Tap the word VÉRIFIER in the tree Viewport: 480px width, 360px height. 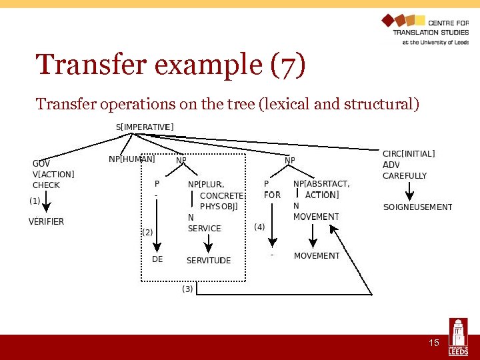tap(46, 221)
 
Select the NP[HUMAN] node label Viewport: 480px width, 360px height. tap(132, 159)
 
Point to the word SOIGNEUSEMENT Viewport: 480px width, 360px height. tap(417, 207)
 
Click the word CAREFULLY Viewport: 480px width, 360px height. tap(405, 176)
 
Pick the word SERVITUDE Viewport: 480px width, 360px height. tap(209, 260)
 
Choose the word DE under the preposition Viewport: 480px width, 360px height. tap(157, 259)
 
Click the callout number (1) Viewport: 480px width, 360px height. tap(35, 201)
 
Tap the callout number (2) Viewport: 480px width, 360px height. tap(147, 232)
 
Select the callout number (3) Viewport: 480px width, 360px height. tap(188, 289)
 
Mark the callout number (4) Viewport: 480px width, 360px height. tap(259, 227)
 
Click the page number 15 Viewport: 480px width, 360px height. tap(433, 343)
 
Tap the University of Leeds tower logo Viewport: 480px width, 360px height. tap(458, 337)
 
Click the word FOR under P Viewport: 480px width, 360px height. tap(272, 195)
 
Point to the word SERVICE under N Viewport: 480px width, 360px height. tap(204, 228)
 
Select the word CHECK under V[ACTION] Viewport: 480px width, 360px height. tap(46, 185)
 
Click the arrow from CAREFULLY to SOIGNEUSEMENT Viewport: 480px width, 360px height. tap(409, 193)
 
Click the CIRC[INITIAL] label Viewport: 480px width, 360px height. tap(409, 154)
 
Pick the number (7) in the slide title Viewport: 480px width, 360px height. tap(288, 65)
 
